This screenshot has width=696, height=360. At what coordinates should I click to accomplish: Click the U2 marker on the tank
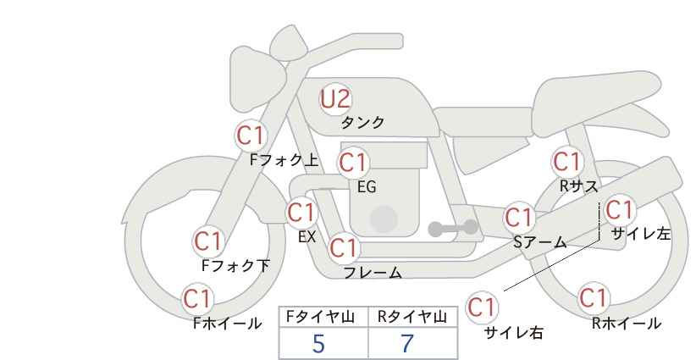pyautogui.click(x=336, y=99)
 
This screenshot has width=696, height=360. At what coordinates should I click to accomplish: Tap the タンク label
pyautogui.click(x=362, y=122)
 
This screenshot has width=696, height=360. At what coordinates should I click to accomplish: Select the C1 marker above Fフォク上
pyautogui.click(x=251, y=136)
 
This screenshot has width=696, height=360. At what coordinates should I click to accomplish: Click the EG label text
pyautogui.click(x=367, y=187)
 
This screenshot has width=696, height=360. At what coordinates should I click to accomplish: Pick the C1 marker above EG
pyautogui.click(x=353, y=163)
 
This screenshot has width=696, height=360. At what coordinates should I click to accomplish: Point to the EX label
pyautogui.click(x=307, y=237)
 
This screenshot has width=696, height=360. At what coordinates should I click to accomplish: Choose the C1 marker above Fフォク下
pyautogui.click(x=207, y=241)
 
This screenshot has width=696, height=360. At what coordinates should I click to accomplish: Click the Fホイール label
pyautogui.click(x=227, y=324)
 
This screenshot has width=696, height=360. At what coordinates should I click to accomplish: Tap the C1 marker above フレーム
pyautogui.click(x=344, y=247)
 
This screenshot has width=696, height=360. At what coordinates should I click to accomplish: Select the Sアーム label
pyautogui.click(x=540, y=242)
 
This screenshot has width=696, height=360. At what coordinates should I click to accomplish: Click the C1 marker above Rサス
pyautogui.click(x=567, y=162)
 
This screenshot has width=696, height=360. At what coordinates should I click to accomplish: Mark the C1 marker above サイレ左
pyautogui.click(x=619, y=210)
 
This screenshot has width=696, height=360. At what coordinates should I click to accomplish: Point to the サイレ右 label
pyautogui.click(x=514, y=333)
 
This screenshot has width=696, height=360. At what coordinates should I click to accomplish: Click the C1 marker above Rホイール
pyautogui.click(x=593, y=298)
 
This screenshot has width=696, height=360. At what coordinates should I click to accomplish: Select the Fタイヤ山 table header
pyautogui.click(x=320, y=317)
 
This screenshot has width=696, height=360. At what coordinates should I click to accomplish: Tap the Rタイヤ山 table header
pyautogui.click(x=412, y=317)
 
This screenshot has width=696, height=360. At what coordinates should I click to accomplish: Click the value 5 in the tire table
pyautogui.click(x=318, y=343)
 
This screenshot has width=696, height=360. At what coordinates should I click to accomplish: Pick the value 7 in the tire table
pyautogui.click(x=407, y=343)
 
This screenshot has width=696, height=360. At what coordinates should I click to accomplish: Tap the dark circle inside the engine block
pyautogui.click(x=384, y=219)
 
